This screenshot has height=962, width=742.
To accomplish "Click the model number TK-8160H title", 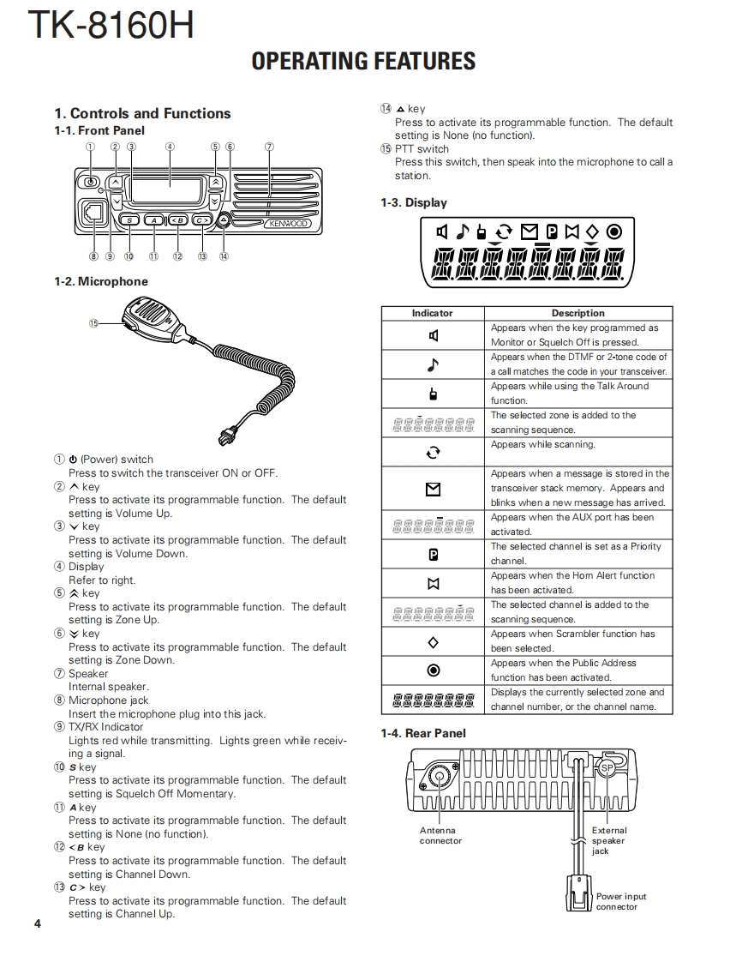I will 111,26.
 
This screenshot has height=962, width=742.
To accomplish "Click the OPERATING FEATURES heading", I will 363,61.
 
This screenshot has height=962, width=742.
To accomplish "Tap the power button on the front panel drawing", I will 90,182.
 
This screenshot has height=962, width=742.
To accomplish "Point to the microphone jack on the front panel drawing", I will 92,212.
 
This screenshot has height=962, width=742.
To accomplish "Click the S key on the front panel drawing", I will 129,220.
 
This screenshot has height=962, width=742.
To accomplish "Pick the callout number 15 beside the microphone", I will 93,322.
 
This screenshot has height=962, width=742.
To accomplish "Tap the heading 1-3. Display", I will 414,203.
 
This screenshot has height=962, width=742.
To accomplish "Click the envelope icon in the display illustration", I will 530,231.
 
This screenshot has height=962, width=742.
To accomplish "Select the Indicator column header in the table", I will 432,313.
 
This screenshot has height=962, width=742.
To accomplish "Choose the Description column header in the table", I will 577,313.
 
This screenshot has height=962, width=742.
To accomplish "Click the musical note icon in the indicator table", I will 433,364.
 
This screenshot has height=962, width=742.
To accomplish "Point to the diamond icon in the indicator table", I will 433,641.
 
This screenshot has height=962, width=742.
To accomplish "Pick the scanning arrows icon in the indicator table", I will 433,452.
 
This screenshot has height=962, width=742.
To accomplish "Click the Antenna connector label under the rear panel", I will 440,835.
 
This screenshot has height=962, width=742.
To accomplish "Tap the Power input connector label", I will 621,901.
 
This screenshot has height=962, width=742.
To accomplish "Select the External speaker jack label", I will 608,840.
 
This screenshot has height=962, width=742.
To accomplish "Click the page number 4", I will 38,923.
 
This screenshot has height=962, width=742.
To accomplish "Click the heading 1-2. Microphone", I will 101,281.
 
